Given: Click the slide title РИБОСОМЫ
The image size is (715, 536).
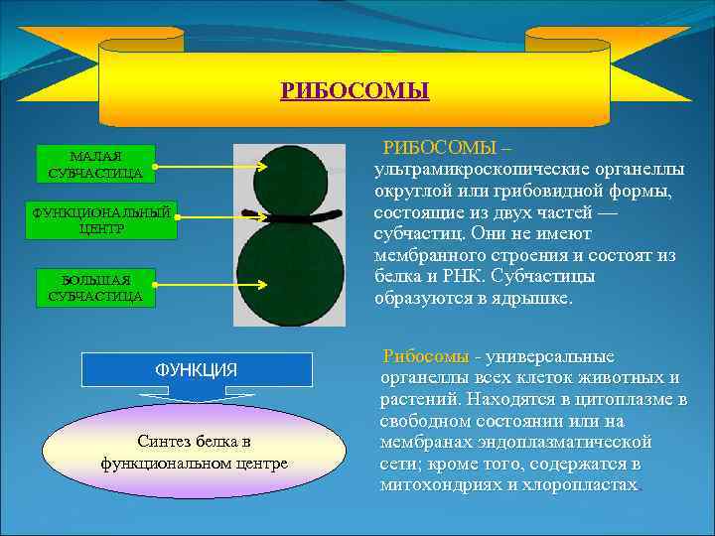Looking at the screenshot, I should (355, 92).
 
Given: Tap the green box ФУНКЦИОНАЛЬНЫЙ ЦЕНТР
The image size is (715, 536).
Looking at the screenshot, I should (105, 220).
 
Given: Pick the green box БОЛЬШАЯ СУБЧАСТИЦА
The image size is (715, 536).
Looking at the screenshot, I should (95, 286).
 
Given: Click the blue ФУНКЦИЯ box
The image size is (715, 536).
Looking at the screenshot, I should (196, 369).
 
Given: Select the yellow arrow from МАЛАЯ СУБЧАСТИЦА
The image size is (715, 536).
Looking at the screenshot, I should (214, 166).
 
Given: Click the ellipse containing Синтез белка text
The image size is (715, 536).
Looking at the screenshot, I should (195, 452).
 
